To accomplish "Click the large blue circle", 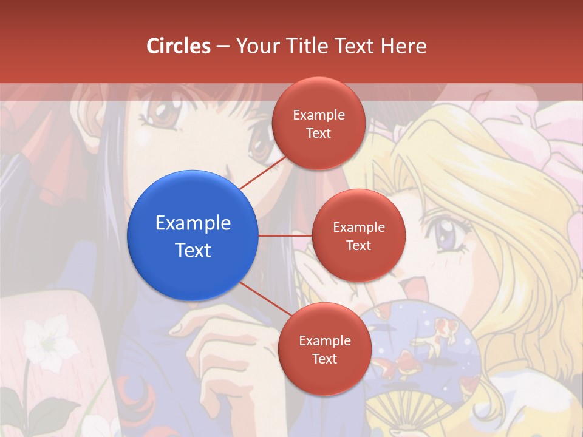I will (x=193, y=235).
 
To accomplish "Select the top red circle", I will (x=318, y=123).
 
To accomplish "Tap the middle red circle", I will (x=359, y=235).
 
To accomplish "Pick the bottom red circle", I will (x=324, y=349).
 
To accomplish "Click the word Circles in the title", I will (x=179, y=46).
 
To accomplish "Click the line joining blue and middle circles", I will (x=285, y=235).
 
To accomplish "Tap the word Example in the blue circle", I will (x=193, y=223).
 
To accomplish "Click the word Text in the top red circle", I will (x=318, y=133).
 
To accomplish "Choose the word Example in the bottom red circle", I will (x=324, y=340).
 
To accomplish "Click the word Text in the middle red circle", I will (x=359, y=245).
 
